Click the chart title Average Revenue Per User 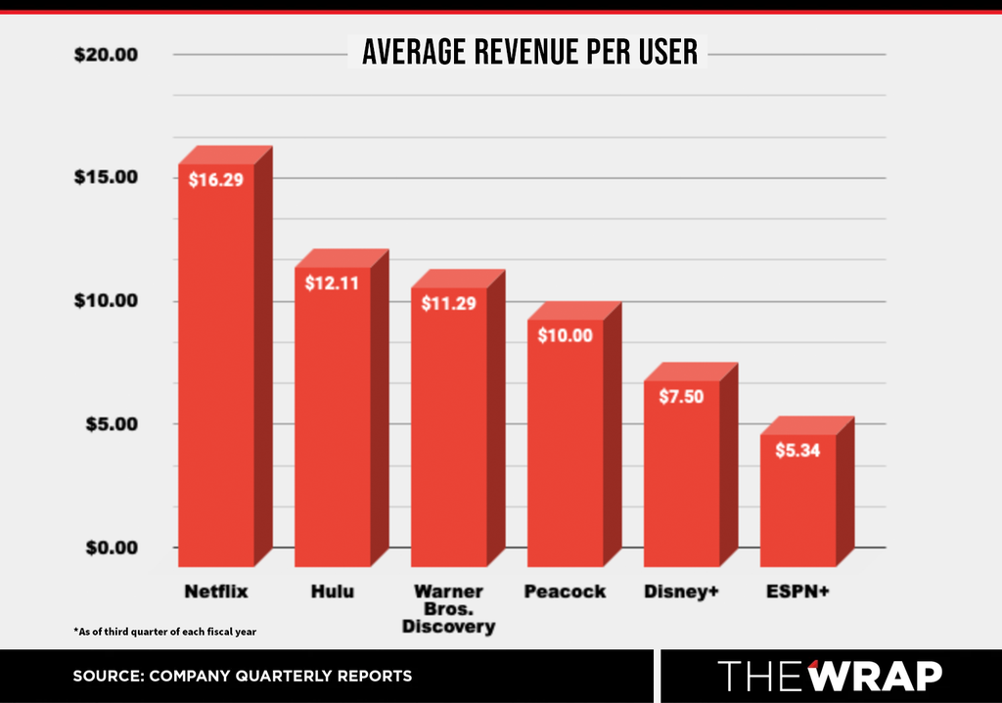(x=529, y=52)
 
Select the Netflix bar (x=225, y=356)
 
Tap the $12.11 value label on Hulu (x=332, y=283)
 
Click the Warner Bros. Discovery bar (x=458, y=418)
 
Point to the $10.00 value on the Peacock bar (x=565, y=335)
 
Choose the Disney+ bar (x=690, y=464)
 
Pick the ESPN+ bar (x=806, y=492)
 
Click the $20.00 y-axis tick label (x=106, y=55)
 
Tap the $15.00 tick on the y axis (x=106, y=177)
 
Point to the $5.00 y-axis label (x=112, y=424)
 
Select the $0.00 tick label (x=112, y=548)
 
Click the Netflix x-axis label (x=216, y=592)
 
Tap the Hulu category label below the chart (x=333, y=592)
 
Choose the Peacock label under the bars (x=565, y=592)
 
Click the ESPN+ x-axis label (x=797, y=592)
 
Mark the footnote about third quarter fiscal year (x=164, y=632)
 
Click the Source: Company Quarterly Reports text (x=243, y=676)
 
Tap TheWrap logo (x=830, y=676)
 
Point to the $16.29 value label (x=216, y=180)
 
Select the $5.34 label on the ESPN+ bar (x=797, y=450)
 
